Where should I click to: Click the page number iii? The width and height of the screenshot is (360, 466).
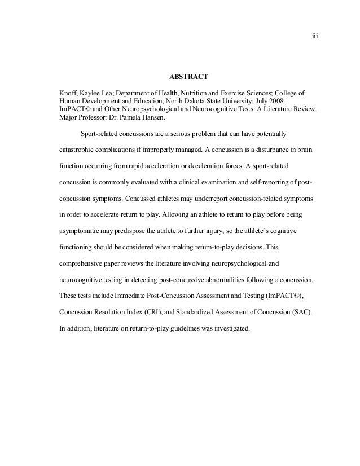pos(315,37)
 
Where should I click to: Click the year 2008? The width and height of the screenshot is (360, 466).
pos(276,100)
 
